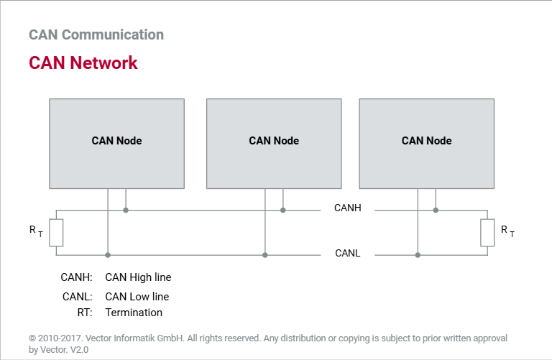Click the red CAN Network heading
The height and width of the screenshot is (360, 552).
[x=83, y=63]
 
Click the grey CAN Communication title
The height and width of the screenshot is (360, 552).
[x=96, y=34]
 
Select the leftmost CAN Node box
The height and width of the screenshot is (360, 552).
[x=117, y=144]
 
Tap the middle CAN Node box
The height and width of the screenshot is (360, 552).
[x=274, y=144]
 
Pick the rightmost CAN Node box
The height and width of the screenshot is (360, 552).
[x=427, y=144]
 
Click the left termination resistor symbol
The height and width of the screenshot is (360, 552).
[x=56, y=233]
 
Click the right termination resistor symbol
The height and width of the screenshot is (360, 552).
[x=487, y=233]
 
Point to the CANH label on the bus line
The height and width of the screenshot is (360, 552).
[x=348, y=208]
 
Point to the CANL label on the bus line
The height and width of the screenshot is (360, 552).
[x=348, y=253]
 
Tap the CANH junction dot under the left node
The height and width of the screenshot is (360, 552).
[x=126, y=210]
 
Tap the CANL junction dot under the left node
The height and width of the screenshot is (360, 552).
[x=108, y=255]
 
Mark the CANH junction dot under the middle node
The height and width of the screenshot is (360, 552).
[x=283, y=210]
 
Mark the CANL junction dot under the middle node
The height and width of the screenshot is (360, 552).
[x=265, y=255]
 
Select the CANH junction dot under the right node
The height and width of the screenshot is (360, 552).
[x=436, y=210]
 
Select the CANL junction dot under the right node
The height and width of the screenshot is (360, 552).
[x=418, y=255]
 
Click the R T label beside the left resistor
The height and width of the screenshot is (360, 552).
[x=36, y=231]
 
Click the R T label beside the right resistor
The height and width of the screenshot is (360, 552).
[x=507, y=231]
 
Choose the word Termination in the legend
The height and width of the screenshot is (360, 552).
[x=134, y=313]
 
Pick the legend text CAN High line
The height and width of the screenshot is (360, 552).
[x=138, y=277]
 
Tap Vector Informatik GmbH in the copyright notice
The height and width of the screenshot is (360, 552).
[x=134, y=338]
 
